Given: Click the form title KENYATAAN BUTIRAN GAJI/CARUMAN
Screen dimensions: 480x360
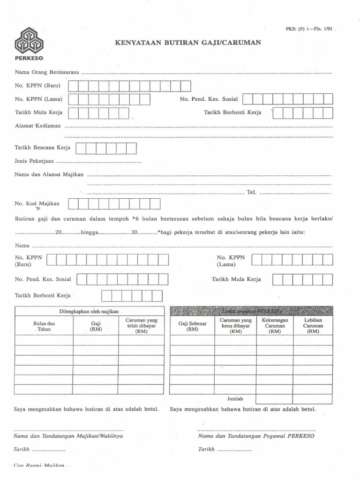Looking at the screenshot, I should [x=188, y=42].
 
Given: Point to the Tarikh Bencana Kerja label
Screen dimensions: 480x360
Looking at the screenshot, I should [x=43, y=148].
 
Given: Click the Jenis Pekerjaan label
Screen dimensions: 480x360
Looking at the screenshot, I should [x=35, y=161].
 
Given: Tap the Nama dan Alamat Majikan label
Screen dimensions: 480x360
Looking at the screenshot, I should [x=49, y=175].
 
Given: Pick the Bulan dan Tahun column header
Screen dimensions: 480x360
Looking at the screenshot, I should [x=44, y=326].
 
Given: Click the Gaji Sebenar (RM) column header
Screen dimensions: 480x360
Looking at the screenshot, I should [x=192, y=326].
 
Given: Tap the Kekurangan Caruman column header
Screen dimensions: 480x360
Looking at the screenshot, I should [x=275, y=325].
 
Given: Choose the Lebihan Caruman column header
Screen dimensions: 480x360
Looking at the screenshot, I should [x=313, y=325].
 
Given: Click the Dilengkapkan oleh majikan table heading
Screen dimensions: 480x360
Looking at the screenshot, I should [x=89, y=311].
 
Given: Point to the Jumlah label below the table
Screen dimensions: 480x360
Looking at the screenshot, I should [x=235, y=399].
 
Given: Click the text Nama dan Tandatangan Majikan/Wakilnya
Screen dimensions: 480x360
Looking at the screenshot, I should [x=68, y=435].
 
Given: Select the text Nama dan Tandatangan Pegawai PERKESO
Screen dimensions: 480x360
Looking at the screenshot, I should [x=256, y=435].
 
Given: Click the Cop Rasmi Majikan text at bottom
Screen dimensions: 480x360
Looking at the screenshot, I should [x=39, y=465].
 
